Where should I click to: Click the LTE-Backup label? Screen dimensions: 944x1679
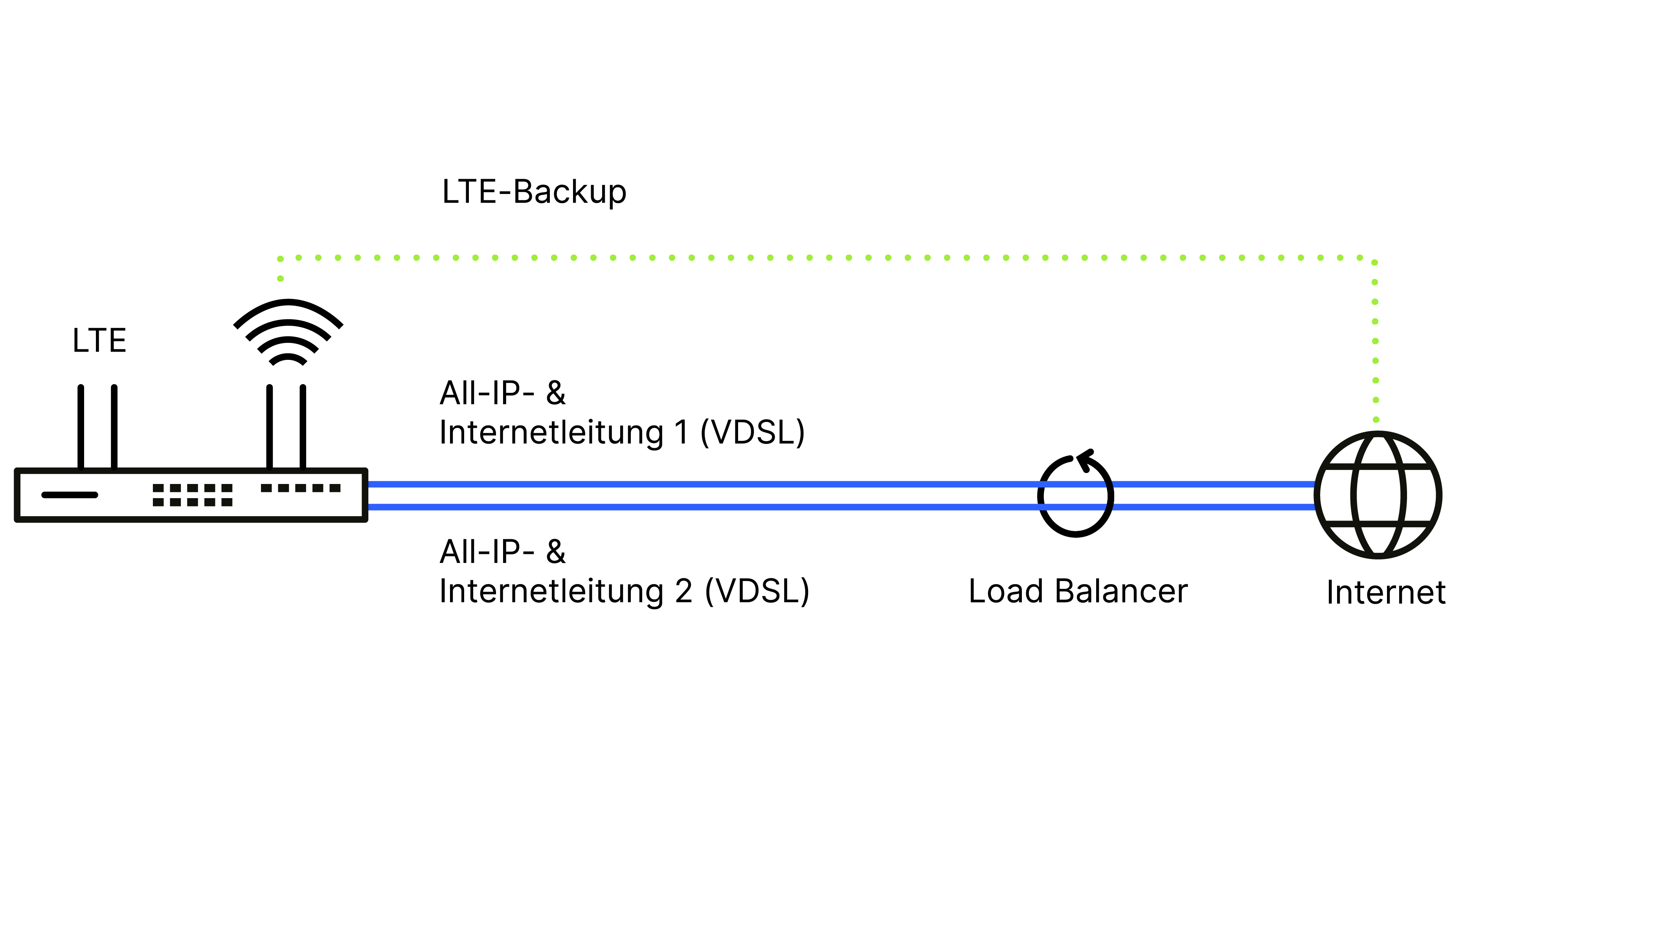(534, 192)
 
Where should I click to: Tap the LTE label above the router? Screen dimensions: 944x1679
(99, 341)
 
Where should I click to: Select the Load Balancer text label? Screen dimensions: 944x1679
(1077, 592)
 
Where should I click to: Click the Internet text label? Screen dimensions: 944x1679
(1386, 593)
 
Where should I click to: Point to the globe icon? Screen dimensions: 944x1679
(1378, 495)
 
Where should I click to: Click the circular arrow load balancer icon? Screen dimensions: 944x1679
(1075, 497)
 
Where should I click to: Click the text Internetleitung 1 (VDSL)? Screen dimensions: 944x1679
(622, 433)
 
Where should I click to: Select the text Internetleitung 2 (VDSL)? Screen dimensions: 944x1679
(624, 592)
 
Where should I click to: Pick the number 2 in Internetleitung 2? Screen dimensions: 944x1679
(684, 592)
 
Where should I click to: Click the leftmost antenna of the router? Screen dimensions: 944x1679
(81, 426)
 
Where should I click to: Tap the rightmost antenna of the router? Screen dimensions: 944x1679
(303, 426)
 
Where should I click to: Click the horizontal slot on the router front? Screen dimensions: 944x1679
(70, 495)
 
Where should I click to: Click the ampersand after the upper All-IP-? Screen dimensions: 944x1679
(555, 394)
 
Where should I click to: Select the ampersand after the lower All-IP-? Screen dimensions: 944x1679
(555, 552)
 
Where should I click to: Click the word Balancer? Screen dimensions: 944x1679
(1121, 592)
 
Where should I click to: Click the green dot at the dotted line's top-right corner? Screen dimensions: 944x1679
(1375, 262)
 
